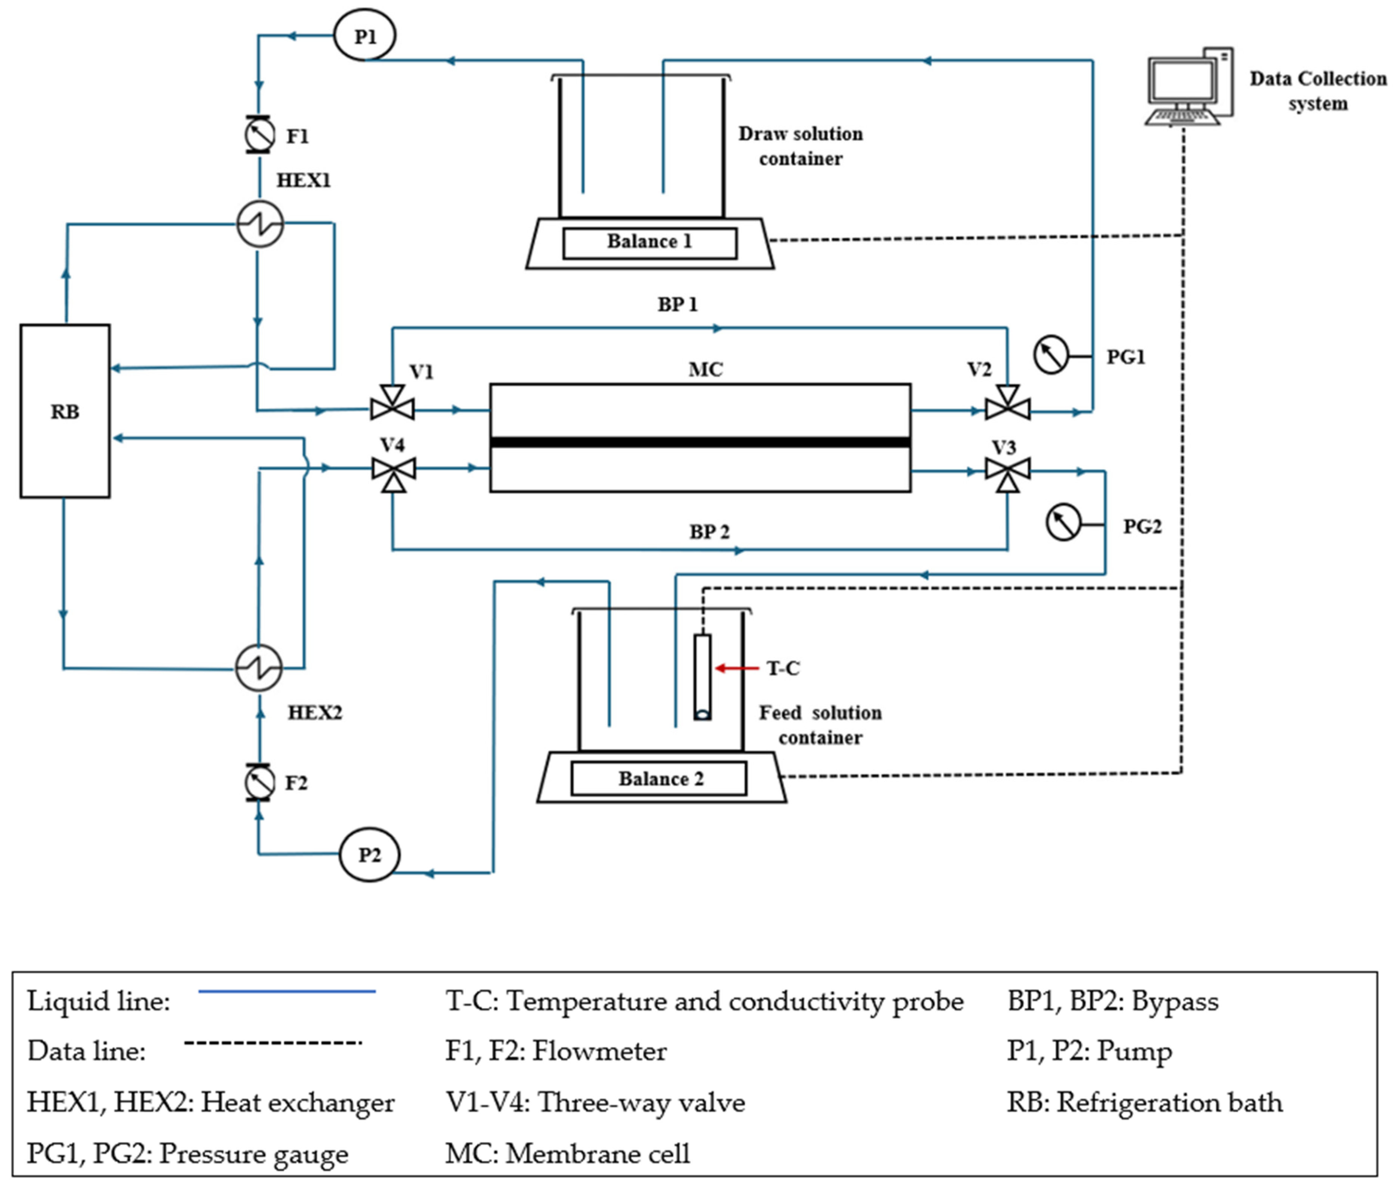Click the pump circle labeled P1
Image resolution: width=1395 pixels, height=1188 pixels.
364,35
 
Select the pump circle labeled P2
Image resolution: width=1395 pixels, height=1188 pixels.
369,855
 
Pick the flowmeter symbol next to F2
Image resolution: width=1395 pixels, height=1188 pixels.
259,782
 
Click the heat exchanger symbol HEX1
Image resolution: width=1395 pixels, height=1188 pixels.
260,224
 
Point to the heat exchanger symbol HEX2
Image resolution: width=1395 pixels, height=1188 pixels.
258,668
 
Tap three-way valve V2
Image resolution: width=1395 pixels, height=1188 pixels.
1007,404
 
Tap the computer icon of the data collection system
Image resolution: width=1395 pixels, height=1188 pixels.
1190,86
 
